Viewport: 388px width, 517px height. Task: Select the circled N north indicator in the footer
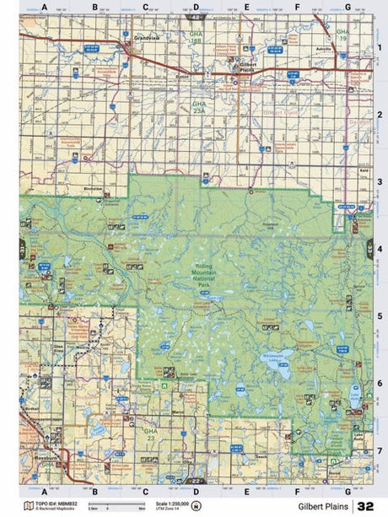click(196, 506)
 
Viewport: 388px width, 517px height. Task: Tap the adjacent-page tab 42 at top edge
click(196, 16)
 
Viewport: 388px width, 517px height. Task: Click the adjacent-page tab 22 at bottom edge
click(196, 482)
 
